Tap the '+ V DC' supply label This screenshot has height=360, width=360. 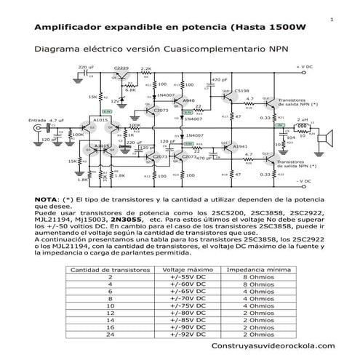point(305,66)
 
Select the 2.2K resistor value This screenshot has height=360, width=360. point(146,68)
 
